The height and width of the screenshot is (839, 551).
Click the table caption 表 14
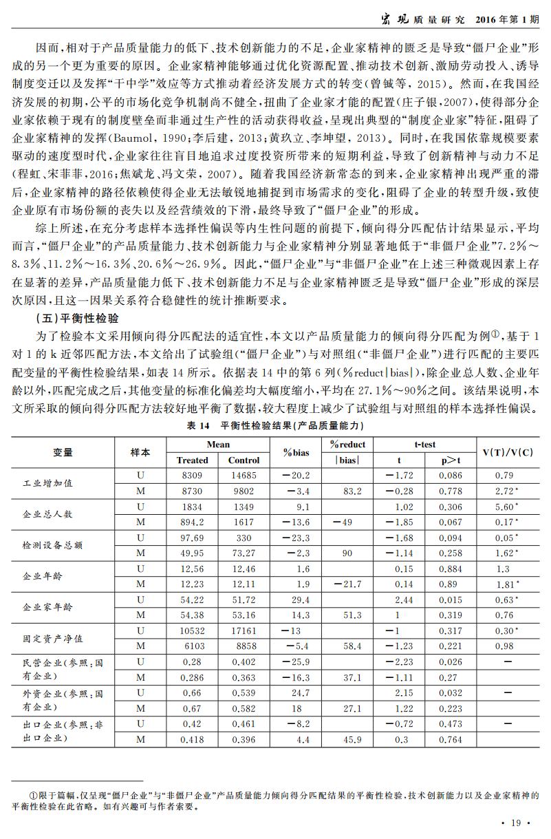(198, 427)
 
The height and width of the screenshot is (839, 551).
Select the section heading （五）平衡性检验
(76, 319)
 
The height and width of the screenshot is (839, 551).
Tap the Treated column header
(192, 460)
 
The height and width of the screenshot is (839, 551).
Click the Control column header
(244, 460)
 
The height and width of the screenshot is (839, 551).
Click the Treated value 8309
(192, 476)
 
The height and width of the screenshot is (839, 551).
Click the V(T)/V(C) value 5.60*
(508, 507)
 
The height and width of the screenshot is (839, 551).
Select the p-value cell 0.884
(450, 569)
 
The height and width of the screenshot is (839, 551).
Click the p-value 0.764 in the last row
(450, 739)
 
